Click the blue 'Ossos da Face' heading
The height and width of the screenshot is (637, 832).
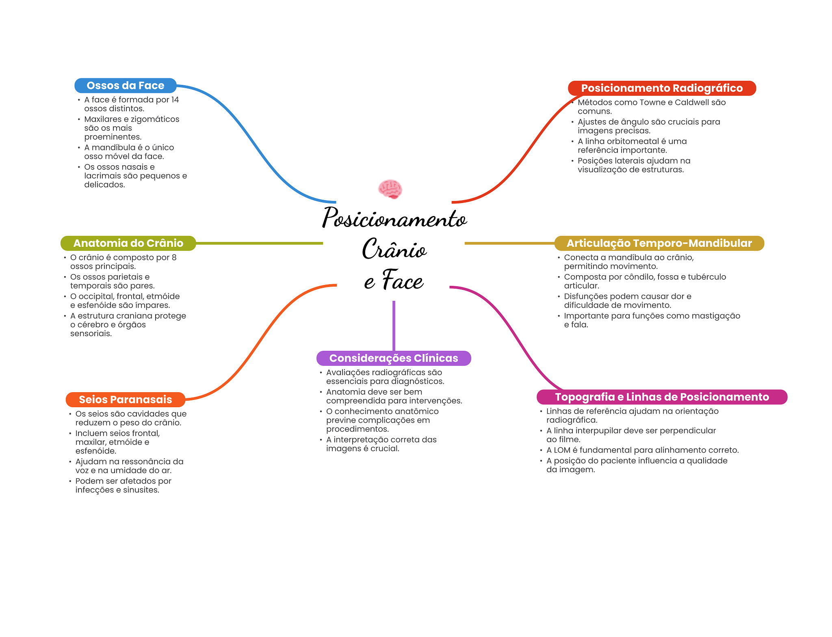point(125,86)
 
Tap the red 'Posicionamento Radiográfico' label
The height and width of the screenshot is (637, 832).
point(661,88)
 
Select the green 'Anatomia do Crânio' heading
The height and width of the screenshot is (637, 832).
point(128,243)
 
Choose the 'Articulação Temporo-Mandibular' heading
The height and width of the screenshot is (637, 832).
point(659,243)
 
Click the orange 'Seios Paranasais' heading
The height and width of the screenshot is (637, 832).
point(125,399)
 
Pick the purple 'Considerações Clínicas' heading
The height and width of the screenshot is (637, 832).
point(393,358)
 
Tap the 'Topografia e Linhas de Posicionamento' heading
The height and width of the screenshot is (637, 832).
point(661,397)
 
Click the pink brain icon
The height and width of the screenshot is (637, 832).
point(390,189)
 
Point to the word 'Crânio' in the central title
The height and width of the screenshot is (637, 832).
point(394,249)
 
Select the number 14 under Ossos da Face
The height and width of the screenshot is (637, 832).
point(175,100)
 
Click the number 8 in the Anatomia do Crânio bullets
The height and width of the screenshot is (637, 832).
point(174,257)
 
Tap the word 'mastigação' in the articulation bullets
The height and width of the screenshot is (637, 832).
point(717,316)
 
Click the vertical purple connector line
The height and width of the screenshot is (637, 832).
point(394,325)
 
